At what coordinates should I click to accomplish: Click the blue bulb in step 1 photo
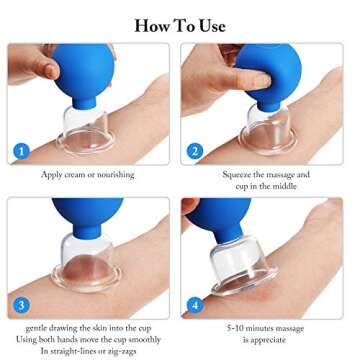pyautogui.click(x=77, y=69)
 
